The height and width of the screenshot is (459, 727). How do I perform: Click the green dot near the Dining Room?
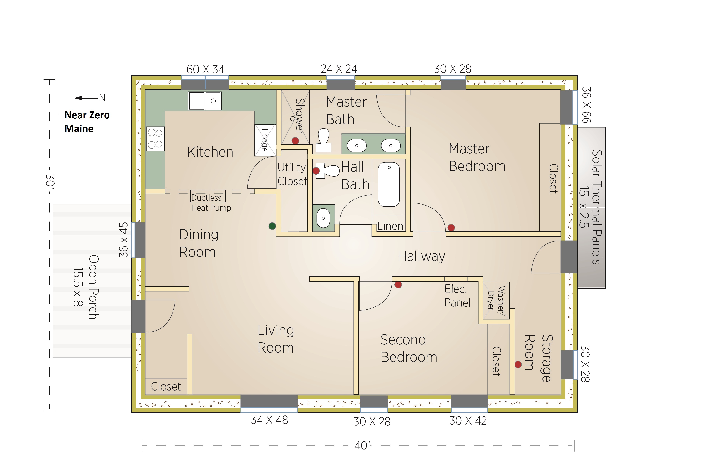point(272,226)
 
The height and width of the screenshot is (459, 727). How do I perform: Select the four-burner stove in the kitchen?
point(156,139)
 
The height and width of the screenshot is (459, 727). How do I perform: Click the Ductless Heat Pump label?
point(211,202)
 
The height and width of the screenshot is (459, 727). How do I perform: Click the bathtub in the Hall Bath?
point(389,184)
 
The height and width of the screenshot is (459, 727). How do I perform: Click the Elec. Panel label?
point(457,296)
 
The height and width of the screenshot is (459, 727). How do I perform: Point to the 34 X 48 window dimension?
point(269,420)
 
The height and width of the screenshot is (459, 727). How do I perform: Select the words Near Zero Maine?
point(87,122)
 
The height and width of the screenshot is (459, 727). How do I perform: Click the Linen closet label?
point(390,226)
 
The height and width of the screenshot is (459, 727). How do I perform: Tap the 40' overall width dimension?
point(363,445)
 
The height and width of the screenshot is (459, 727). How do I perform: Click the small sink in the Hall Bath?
point(323,218)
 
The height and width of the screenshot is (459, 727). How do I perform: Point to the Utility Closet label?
point(292,174)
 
